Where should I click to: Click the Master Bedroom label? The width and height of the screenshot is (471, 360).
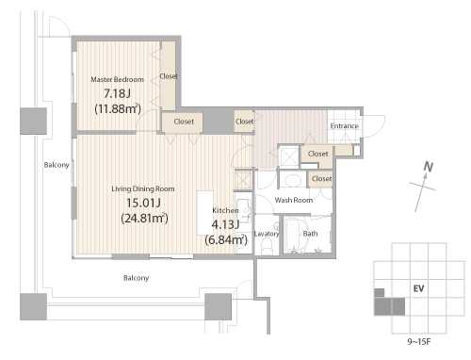(x=117, y=79)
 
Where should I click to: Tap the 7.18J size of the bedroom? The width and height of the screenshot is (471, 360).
(x=117, y=93)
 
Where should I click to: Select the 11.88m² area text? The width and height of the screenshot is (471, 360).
(x=118, y=108)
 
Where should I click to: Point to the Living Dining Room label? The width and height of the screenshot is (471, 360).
(x=143, y=188)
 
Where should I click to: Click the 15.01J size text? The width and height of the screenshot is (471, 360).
(x=143, y=203)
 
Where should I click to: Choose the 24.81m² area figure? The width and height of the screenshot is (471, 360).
(x=144, y=218)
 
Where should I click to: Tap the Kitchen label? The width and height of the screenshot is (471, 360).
(x=225, y=210)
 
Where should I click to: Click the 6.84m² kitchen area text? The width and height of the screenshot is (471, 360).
(x=226, y=240)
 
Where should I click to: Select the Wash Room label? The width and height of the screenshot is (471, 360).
(x=294, y=200)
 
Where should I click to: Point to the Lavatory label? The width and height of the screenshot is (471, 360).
(x=267, y=234)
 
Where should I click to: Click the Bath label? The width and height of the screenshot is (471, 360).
(x=310, y=234)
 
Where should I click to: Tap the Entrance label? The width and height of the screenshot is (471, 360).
(x=344, y=126)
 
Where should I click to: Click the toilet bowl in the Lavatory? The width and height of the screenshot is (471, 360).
(x=267, y=246)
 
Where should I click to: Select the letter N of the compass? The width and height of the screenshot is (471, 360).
(x=429, y=167)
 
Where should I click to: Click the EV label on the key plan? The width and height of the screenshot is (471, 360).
(x=419, y=288)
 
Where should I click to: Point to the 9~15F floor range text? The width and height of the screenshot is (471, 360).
(x=419, y=342)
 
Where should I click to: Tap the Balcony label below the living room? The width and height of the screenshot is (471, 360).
(x=136, y=278)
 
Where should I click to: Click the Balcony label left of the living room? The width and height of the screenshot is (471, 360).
(x=57, y=165)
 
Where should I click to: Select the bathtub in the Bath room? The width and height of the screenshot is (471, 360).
(x=291, y=235)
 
